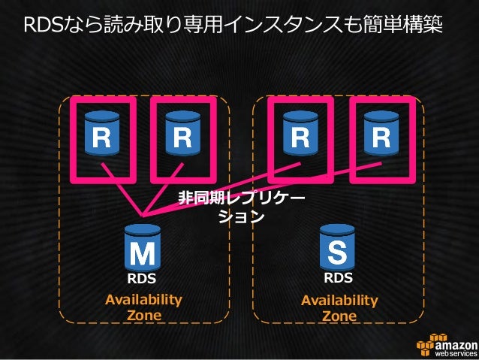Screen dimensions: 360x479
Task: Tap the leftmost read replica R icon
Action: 102,134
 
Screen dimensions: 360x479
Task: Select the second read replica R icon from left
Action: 181,134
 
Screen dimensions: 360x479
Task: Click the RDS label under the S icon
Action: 338,278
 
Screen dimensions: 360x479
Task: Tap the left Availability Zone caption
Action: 143,307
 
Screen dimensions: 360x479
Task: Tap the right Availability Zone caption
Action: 339,308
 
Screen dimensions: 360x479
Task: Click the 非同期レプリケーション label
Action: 241,207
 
